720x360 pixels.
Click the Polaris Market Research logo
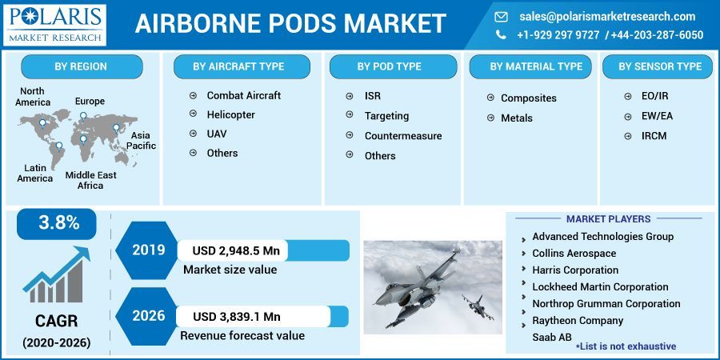click(x=54, y=24)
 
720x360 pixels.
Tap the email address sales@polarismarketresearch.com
click(x=607, y=16)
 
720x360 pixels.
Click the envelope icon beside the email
click(x=502, y=16)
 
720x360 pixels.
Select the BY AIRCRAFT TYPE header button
click(x=238, y=66)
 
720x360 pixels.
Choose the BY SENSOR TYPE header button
click(x=659, y=66)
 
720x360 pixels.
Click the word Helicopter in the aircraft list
click(x=230, y=114)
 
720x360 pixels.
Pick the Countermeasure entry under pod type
click(x=402, y=136)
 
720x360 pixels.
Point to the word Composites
click(x=528, y=98)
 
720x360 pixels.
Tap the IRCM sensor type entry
click(x=654, y=136)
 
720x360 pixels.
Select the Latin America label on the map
click(x=35, y=173)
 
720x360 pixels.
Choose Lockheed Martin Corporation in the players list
click(x=600, y=286)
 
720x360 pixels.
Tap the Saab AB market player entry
click(x=551, y=337)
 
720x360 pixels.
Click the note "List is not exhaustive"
click(x=626, y=346)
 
